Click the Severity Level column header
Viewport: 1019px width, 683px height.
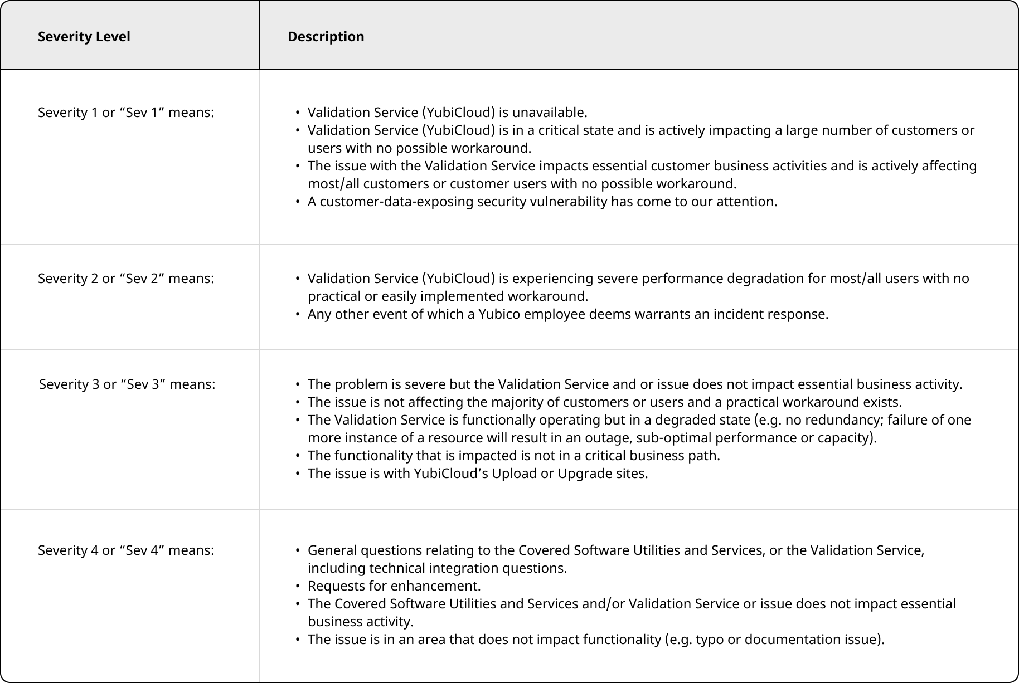coord(84,37)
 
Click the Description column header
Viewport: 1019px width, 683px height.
coord(326,37)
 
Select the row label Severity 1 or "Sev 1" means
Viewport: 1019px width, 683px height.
coord(126,113)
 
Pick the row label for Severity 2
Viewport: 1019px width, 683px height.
coord(126,279)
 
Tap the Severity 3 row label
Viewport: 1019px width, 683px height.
coord(127,384)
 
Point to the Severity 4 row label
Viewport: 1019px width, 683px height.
coord(126,550)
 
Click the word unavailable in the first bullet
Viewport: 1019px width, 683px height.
coord(549,113)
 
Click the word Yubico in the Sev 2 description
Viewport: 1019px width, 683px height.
coord(499,314)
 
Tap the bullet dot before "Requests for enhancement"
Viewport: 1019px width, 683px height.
coord(298,586)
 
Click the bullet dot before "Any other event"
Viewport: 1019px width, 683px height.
coord(298,314)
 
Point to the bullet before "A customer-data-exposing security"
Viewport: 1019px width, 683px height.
coord(298,202)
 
